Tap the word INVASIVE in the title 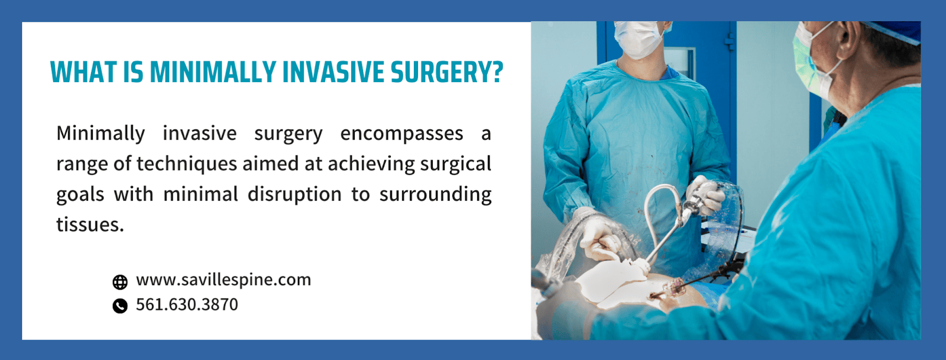(332, 72)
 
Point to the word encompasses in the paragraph (401, 134)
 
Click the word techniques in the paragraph (186, 164)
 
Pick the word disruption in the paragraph (294, 194)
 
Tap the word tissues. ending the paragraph (90, 225)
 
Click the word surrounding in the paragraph (435, 194)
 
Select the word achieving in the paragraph (371, 164)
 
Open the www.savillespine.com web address (223, 280)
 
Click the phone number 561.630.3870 (187, 304)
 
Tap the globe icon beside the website (120, 282)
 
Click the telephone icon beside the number (120, 306)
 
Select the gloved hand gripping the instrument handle (703, 194)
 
